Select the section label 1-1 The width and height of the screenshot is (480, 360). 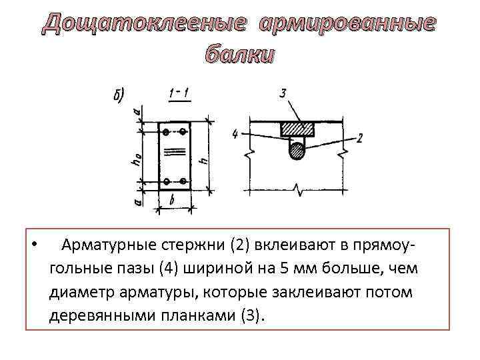tap(179, 95)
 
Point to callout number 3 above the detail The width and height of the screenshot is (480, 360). tap(283, 95)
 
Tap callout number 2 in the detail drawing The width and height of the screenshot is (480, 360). tap(360, 138)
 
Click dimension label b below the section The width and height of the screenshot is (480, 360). tap(172, 199)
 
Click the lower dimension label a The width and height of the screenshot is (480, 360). tap(138, 199)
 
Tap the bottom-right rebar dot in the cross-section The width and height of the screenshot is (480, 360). tap(183, 181)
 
